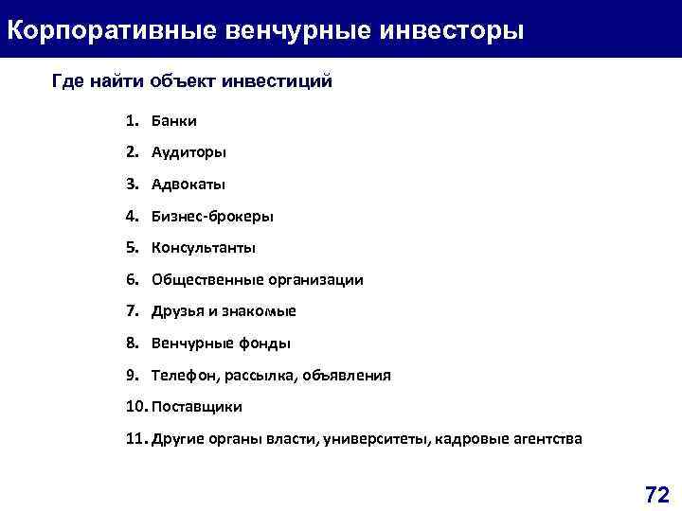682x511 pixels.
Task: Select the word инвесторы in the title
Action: pyautogui.click(x=451, y=29)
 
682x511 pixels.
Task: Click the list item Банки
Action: pyautogui.click(x=173, y=120)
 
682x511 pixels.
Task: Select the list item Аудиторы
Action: pyautogui.click(x=188, y=152)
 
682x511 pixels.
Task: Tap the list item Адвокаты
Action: pyautogui.click(x=188, y=185)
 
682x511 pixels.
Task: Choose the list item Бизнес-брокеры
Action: pyautogui.click(x=212, y=216)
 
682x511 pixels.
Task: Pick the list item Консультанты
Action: pyautogui.click(x=204, y=248)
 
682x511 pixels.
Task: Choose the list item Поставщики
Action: pyautogui.click(x=196, y=407)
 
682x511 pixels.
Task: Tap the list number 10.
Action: pyautogui.click(x=133, y=407)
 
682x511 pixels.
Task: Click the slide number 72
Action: pyautogui.click(x=656, y=494)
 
